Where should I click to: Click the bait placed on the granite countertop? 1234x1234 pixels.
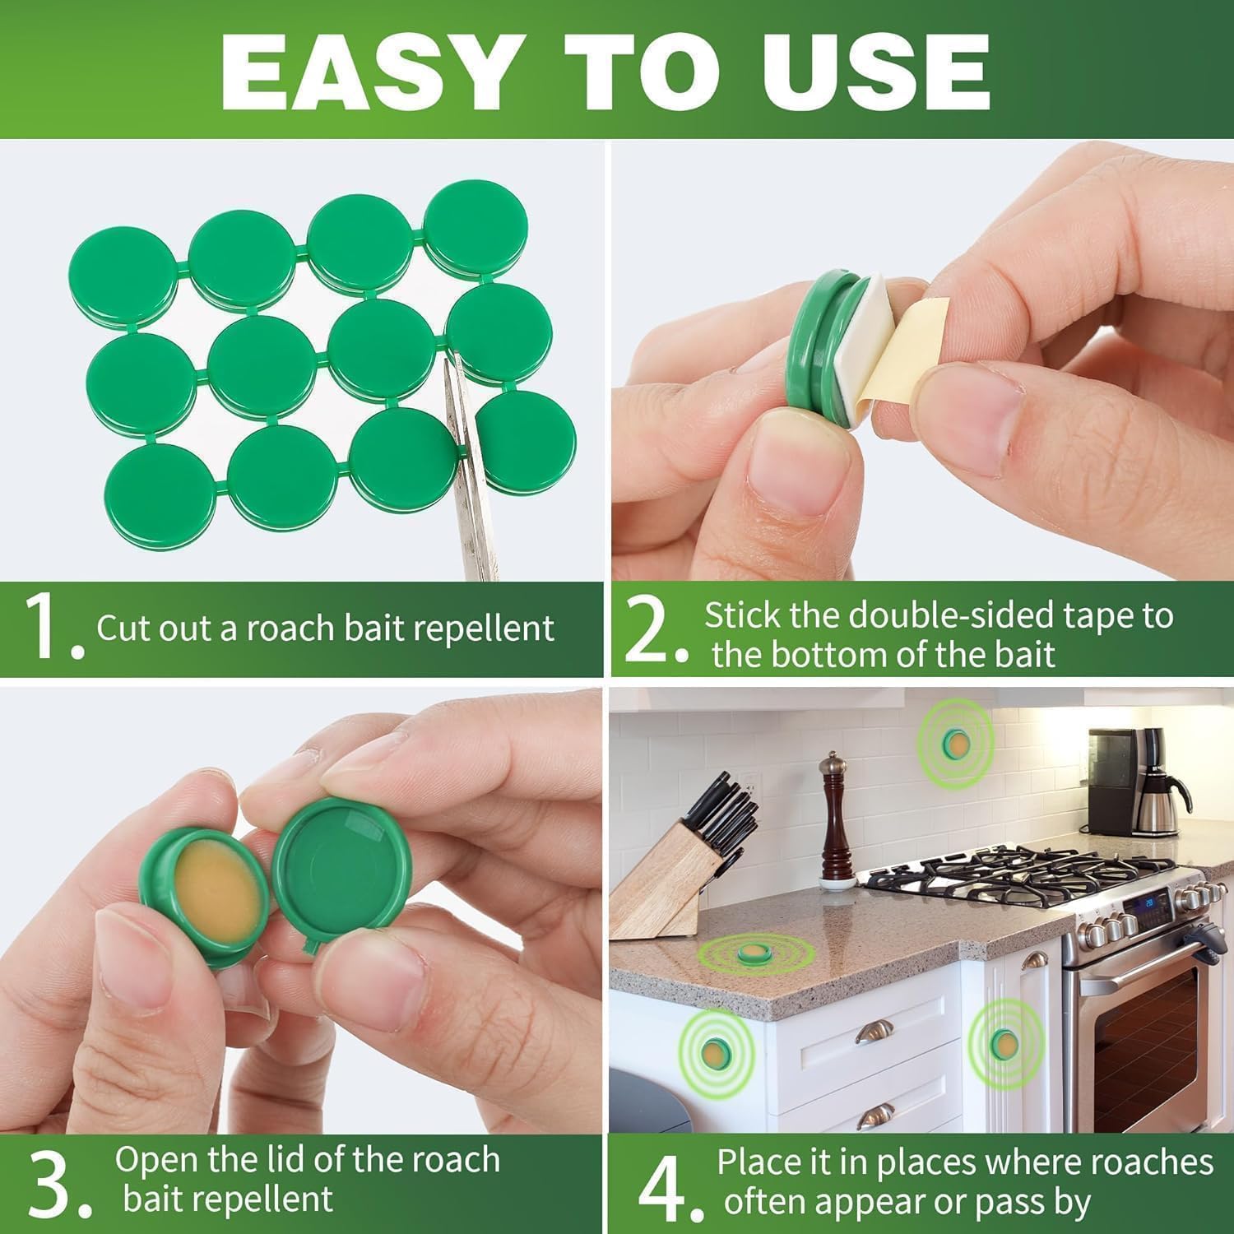(752, 953)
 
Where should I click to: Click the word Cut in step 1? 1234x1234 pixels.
(123, 629)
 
